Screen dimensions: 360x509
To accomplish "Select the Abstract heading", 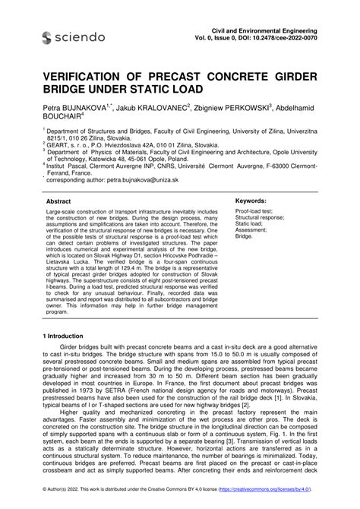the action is (58, 201).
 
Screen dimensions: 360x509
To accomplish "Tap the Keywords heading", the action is (252, 201).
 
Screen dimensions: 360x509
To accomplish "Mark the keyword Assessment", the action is (252, 230).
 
